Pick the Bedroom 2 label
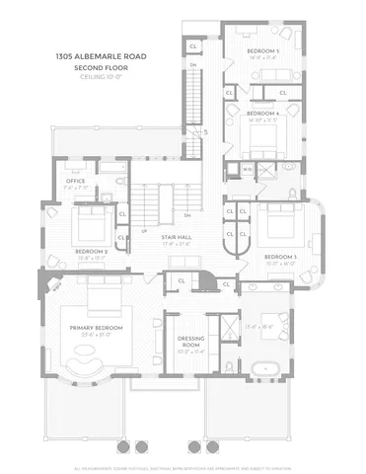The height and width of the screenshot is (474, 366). (92, 251)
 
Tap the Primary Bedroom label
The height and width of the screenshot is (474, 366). (89, 327)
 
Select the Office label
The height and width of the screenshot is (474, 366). (75, 182)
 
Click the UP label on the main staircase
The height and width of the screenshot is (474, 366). (145, 231)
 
